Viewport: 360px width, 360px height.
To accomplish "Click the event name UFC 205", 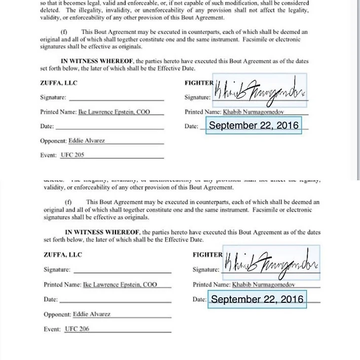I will (x=72, y=155).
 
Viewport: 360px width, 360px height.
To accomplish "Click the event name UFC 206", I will (x=77, y=329).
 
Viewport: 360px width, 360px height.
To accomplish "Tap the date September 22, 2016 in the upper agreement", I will (x=253, y=125).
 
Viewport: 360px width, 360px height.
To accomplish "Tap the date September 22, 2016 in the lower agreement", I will (x=257, y=299).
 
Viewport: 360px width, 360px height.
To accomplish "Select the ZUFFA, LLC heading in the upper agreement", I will (x=59, y=83).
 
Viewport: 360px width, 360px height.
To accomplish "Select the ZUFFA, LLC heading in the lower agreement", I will (x=62, y=255).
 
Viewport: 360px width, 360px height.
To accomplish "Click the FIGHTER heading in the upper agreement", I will (x=199, y=83).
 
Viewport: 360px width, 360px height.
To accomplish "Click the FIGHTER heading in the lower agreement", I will (x=208, y=255).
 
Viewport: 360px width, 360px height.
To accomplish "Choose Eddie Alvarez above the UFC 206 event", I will (x=91, y=314).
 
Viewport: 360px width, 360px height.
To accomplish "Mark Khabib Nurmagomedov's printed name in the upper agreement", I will (x=253, y=112).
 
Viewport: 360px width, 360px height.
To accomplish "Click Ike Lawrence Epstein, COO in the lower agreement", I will (x=120, y=285).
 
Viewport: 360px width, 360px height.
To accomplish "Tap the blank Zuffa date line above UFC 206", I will (x=115, y=300).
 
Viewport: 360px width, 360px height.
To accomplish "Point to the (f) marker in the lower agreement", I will (x=68, y=202).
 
